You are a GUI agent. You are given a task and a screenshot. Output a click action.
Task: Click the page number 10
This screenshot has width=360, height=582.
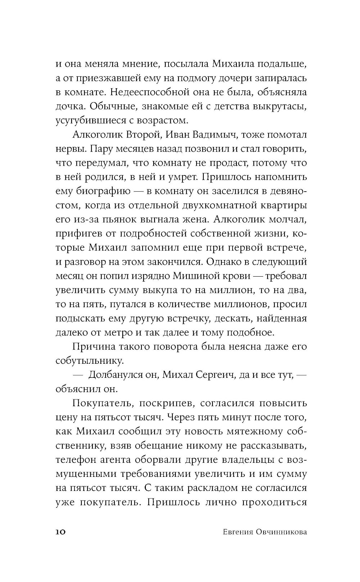[x=60, y=532]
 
